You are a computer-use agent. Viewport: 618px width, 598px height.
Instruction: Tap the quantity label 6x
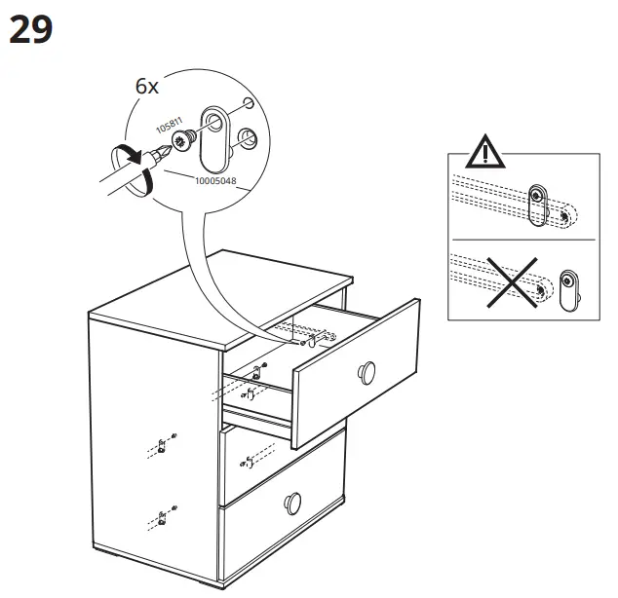[146, 87]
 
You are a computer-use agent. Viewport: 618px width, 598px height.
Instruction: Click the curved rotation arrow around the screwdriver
[131, 167]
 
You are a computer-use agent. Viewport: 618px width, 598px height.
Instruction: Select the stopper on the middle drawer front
[251, 456]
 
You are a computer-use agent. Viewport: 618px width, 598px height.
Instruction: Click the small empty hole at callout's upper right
[249, 102]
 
